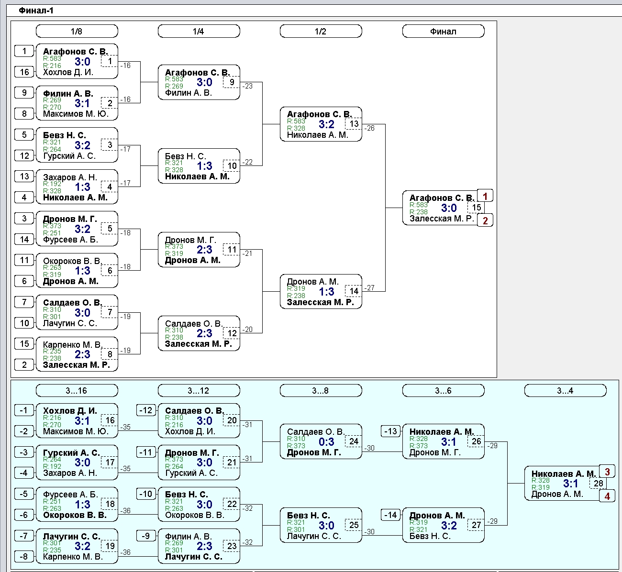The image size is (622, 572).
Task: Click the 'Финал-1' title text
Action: (36, 11)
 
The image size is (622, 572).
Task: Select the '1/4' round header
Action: (199, 31)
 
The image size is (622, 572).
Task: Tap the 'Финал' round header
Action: (444, 31)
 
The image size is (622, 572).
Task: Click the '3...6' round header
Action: (444, 391)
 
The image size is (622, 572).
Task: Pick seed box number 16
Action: (24, 72)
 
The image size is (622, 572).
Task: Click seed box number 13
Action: (24, 176)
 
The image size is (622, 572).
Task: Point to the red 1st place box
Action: (485, 196)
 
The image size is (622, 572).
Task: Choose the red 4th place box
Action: (607, 496)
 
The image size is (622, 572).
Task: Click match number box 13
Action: (354, 124)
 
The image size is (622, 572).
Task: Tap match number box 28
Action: (598, 484)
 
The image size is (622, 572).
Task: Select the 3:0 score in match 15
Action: (449, 208)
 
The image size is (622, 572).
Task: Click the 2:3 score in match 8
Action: (82, 354)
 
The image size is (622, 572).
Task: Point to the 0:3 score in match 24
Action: (326, 442)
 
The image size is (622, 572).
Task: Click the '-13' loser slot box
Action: (390, 431)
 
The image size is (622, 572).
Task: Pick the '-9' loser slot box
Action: (146, 536)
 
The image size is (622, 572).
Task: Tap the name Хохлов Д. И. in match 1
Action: (68, 73)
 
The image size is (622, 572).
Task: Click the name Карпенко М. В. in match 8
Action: (73, 345)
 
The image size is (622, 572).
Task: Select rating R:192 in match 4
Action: (52, 184)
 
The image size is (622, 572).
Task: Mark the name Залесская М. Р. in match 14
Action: (320, 302)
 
